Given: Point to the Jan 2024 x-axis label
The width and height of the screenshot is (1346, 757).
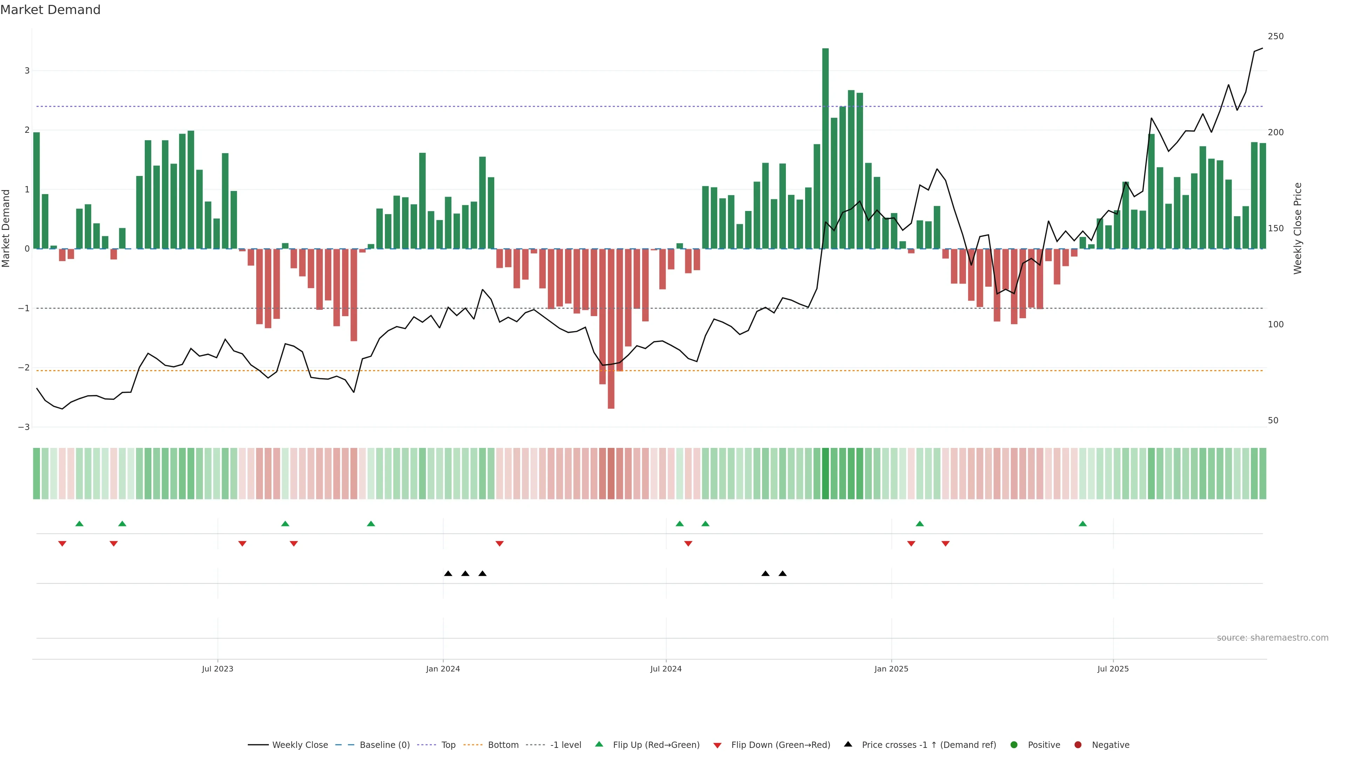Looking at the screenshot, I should coord(443,669).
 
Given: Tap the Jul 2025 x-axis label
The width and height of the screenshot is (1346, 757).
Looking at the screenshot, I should coord(1113,669).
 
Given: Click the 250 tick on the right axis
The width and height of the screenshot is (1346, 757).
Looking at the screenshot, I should coord(1276,36).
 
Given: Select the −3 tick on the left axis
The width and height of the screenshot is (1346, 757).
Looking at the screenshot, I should coord(24,427).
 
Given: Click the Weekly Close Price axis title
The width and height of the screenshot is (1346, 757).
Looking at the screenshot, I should coord(1298,228).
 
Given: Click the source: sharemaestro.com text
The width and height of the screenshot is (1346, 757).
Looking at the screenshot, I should coord(1272,638).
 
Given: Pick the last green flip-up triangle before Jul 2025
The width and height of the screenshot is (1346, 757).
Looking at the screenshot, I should coord(1083,524).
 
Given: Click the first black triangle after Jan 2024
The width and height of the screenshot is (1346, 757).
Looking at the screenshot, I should coord(448,574).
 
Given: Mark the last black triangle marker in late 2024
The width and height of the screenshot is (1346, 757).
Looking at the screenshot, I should coord(782,574).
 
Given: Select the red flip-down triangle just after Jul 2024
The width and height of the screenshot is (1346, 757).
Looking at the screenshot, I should coord(688,544).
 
